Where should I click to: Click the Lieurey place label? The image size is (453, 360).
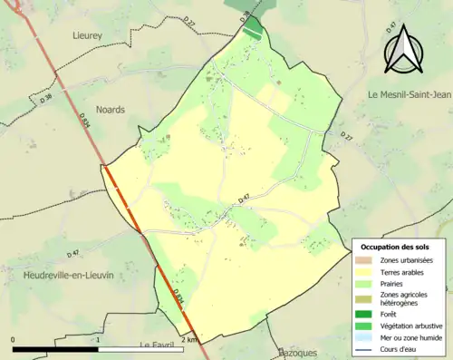pos(91,34)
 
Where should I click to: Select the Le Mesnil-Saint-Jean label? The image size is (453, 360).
pos(403,94)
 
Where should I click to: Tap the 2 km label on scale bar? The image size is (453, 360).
pos(188,339)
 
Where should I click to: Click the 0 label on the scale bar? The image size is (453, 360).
pos(13,339)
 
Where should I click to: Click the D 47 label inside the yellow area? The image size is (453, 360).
pos(244,199)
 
